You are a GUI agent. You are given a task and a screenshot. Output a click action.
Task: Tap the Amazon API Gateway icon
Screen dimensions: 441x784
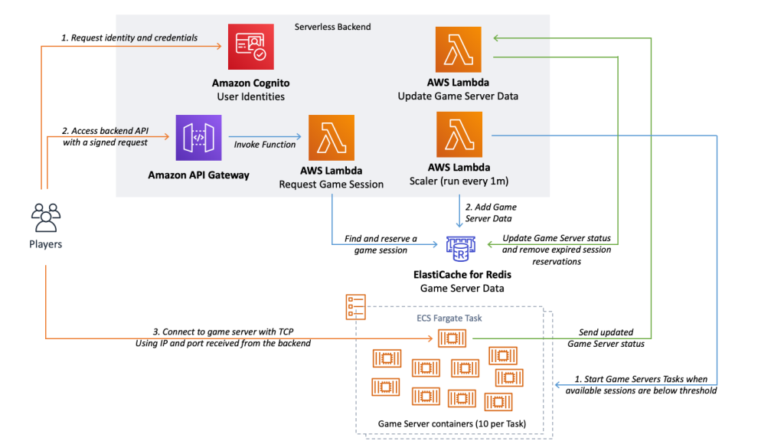[198, 139]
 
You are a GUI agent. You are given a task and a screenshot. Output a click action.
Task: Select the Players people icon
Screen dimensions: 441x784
[45, 217]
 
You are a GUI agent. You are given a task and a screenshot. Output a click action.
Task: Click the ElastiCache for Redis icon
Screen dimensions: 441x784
[459, 246]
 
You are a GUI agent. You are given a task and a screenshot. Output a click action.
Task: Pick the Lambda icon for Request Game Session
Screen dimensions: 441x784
[331, 138]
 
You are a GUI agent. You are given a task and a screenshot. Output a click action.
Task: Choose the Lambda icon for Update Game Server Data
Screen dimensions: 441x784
[458, 49]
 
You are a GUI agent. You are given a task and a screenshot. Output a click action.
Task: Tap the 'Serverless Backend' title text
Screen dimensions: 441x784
[332, 27]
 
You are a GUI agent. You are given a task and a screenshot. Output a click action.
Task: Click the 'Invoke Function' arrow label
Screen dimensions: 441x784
[265, 145]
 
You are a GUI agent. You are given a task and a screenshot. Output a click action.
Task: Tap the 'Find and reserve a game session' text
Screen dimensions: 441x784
[381, 244]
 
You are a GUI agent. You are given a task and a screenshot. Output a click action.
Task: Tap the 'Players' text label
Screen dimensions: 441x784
[45, 244]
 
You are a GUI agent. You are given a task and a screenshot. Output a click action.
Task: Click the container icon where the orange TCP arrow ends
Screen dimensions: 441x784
[452, 337]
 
